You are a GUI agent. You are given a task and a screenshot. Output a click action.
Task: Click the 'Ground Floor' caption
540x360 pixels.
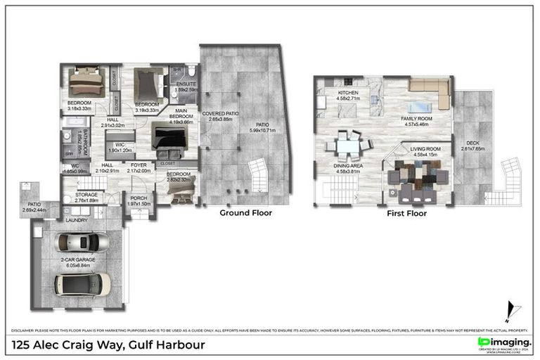click(x=245, y=212)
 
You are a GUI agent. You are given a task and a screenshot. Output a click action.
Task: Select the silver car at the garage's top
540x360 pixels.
click(x=82, y=243)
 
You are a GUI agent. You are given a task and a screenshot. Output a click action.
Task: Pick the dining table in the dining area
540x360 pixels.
click(x=347, y=146)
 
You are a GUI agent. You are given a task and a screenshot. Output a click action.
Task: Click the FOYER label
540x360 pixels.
click(x=140, y=168)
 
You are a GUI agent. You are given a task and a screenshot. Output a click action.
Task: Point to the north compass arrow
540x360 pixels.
click(x=511, y=310)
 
